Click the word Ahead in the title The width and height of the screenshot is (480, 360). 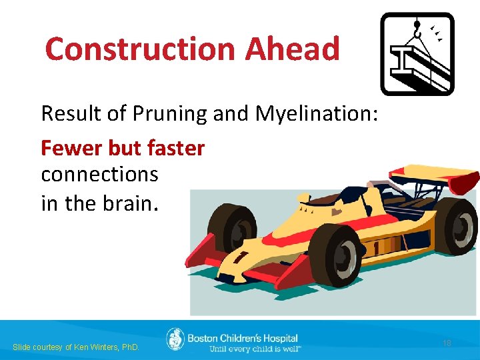tap(293, 49)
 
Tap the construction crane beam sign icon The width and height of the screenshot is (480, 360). tap(417, 54)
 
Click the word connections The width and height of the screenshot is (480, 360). tap(99, 174)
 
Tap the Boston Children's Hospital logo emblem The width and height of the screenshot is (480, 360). tap(175, 339)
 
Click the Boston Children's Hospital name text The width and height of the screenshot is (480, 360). tap(243, 338)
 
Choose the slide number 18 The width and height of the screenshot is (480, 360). tap(447, 343)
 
